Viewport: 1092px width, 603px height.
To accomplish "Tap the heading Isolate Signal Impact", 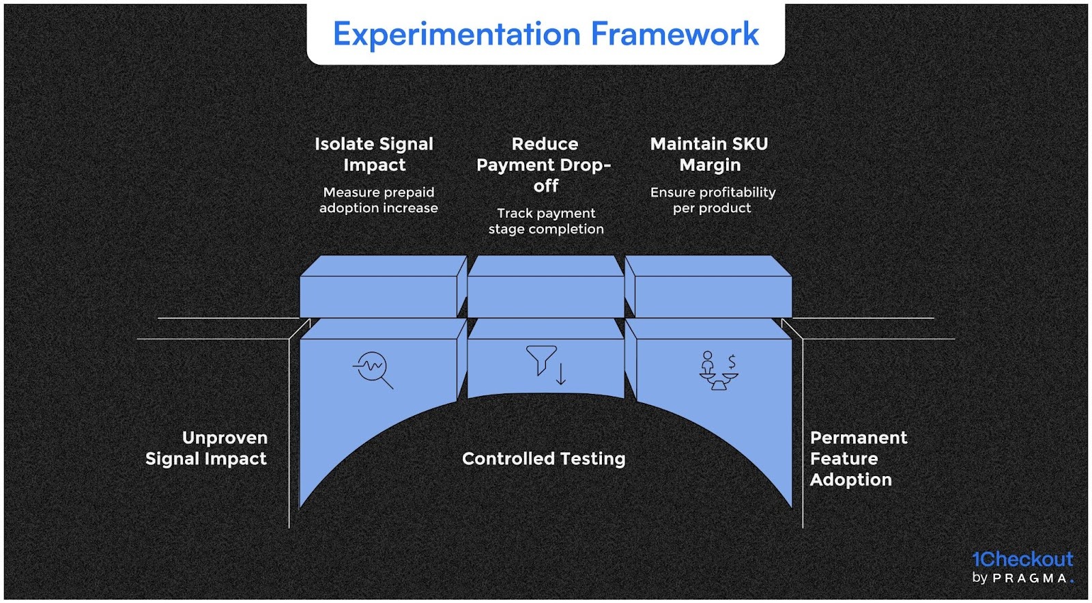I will [374, 154].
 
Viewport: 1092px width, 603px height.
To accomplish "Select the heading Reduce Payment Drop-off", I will [545, 165].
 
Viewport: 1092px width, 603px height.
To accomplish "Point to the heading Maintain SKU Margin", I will [709, 154].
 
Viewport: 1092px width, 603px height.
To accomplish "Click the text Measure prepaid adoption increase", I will [379, 200].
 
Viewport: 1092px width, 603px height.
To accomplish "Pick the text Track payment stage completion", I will [546, 221].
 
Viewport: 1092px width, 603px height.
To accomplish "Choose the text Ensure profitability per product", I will [713, 200].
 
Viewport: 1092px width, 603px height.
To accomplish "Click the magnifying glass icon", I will [373, 369].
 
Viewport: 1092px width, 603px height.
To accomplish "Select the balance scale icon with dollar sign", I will [718, 370].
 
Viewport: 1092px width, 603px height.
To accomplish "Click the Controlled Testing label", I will [543, 458].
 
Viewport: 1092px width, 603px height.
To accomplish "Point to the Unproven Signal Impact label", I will [206, 448].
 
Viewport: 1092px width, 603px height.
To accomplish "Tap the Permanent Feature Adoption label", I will [858, 458].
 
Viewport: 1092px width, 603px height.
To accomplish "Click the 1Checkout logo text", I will [1022, 559].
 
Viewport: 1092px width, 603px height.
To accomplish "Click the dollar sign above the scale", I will [732, 361].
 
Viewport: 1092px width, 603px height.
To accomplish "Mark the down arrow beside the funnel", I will [561, 374].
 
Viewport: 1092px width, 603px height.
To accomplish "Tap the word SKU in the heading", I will [750, 144].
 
